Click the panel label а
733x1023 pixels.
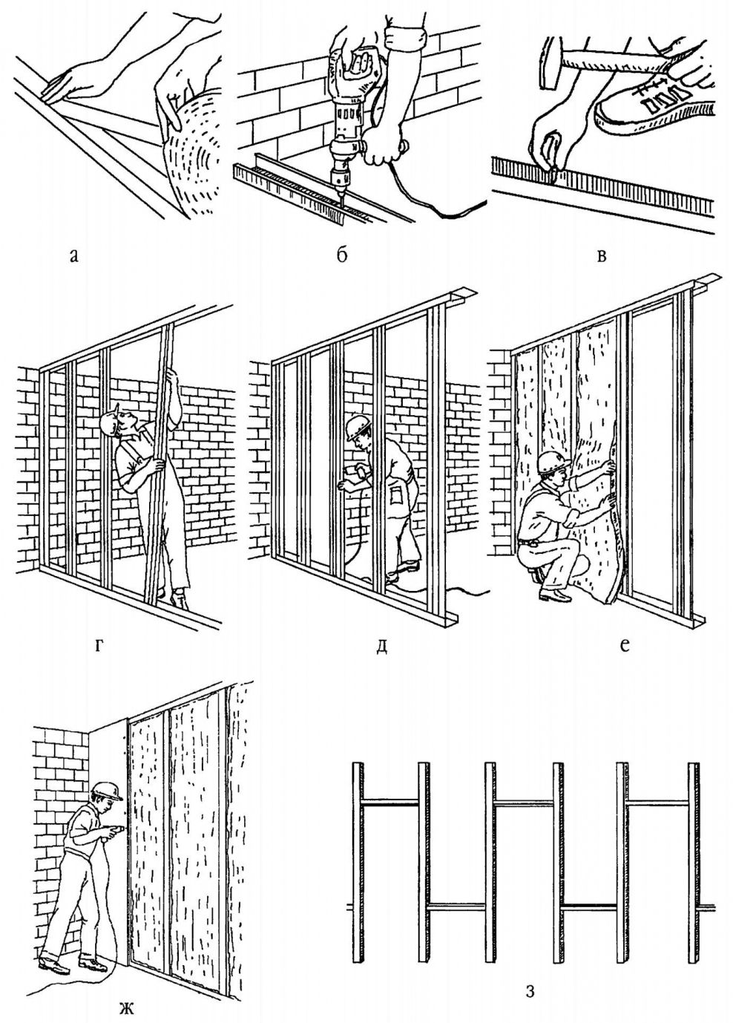(73, 257)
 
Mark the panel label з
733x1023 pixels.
(530, 990)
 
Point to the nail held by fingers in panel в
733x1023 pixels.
(553, 173)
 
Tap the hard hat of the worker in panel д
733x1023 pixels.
(358, 426)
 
